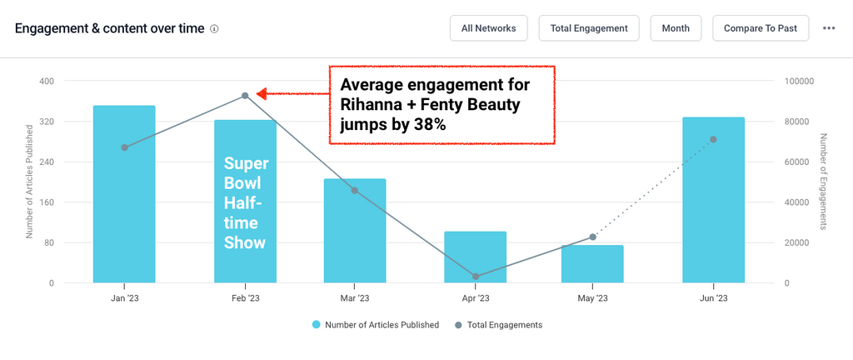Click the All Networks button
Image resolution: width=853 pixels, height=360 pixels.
point(488,27)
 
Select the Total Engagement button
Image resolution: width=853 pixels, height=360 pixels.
point(589,27)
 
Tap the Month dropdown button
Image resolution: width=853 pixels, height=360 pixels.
point(676,27)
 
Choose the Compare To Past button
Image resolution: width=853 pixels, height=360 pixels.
point(761,27)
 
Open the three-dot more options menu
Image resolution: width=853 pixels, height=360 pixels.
point(829,27)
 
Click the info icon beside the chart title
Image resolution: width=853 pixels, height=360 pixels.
point(214,28)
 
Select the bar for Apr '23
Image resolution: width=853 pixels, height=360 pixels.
point(476,257)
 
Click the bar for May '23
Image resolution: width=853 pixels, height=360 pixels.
point(592,264)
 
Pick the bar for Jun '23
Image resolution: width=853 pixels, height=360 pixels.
point(713,200)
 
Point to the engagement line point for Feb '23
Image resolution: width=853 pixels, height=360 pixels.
point(245,96)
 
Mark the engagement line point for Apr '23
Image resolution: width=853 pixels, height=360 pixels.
point(476,277)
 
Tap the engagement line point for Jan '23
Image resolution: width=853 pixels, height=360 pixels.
point(124,147)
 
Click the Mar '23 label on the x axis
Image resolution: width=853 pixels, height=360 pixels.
point(355,297)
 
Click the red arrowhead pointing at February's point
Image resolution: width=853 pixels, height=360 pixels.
point(261,94)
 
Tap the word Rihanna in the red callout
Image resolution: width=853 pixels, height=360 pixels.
point(373,105)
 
